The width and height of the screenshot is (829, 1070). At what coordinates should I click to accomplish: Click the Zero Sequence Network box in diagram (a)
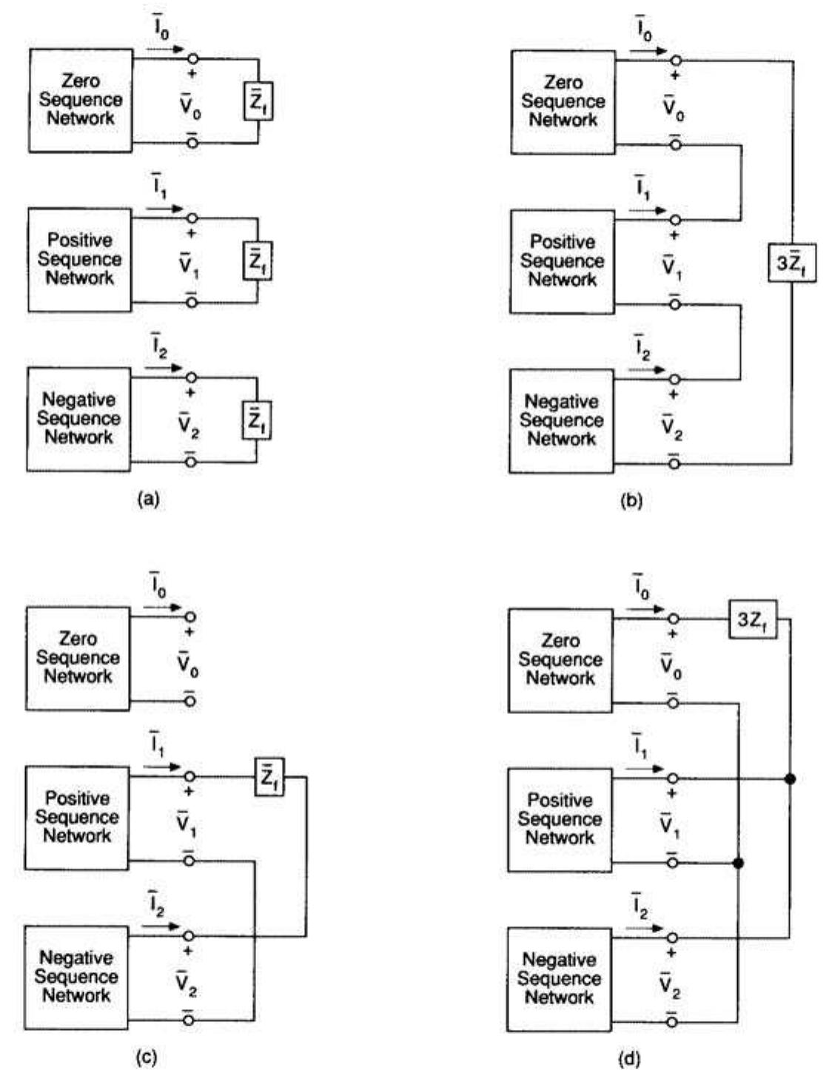click(81, 101)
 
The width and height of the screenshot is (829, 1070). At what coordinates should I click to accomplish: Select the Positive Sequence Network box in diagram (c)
click(77, 818)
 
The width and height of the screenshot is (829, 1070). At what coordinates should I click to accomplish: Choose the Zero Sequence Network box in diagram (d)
click(560, 660)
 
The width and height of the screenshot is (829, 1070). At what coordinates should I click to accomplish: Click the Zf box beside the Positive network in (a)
click(258, 261)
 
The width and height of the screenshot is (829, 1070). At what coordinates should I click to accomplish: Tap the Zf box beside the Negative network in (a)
click(257, 420)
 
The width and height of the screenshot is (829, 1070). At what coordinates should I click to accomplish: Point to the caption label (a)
click(149, 500)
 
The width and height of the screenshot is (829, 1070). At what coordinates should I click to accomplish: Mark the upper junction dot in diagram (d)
click(791, 778)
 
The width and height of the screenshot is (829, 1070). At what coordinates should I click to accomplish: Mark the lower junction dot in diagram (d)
click(738, 863)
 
